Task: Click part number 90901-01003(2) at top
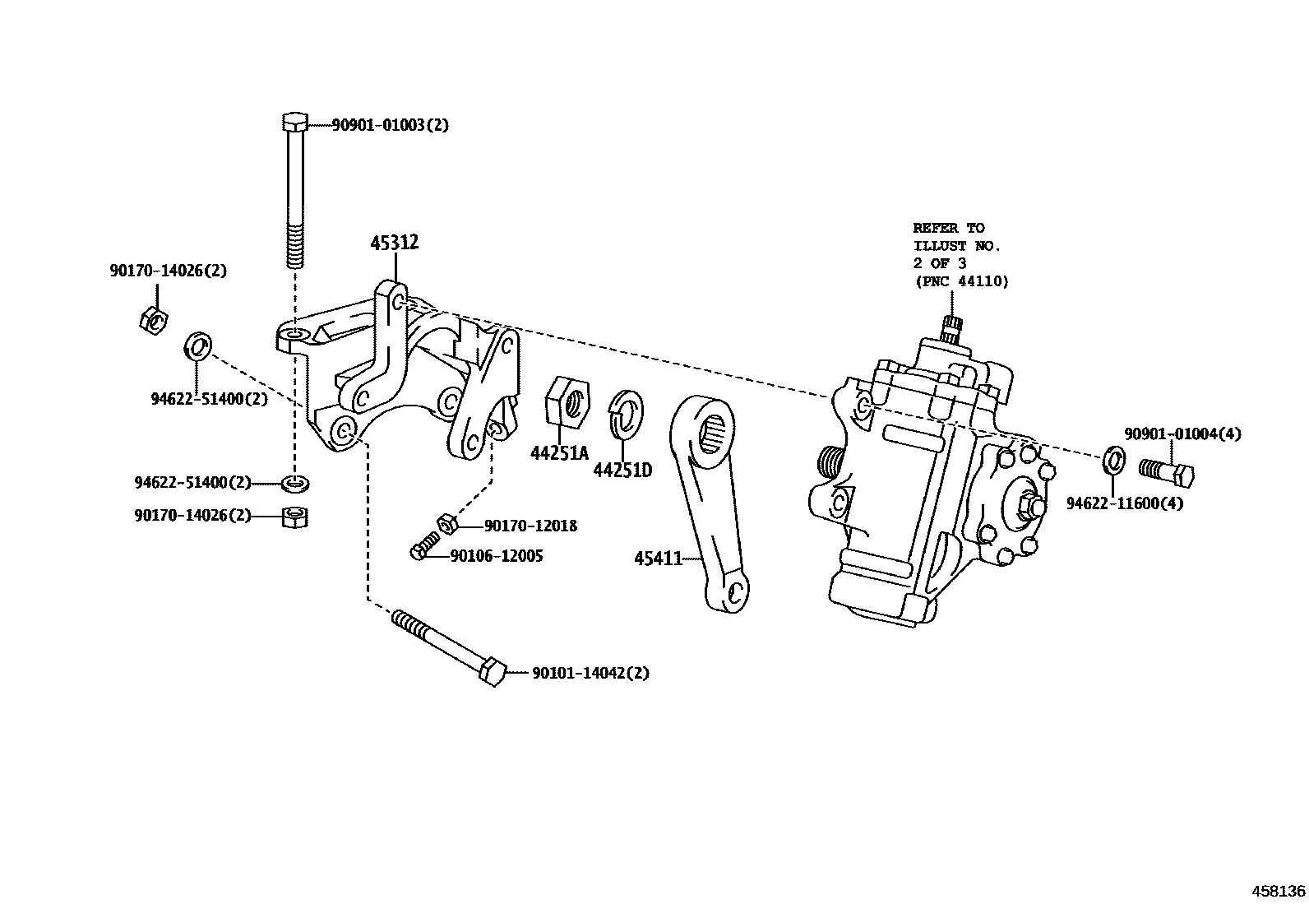(x=390, y=125)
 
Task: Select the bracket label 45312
(x=394, y=243)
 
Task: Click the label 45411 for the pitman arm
(x=658, y=559)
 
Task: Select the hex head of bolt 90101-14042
(x=492, y=673)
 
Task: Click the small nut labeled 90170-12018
(x=446, y=523)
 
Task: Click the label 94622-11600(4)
(x=1125, y=503)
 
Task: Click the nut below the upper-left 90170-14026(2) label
(x=153, y=320)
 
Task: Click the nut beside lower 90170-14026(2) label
(x=294, y=517)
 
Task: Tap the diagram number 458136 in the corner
(x=1278, y=891)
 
